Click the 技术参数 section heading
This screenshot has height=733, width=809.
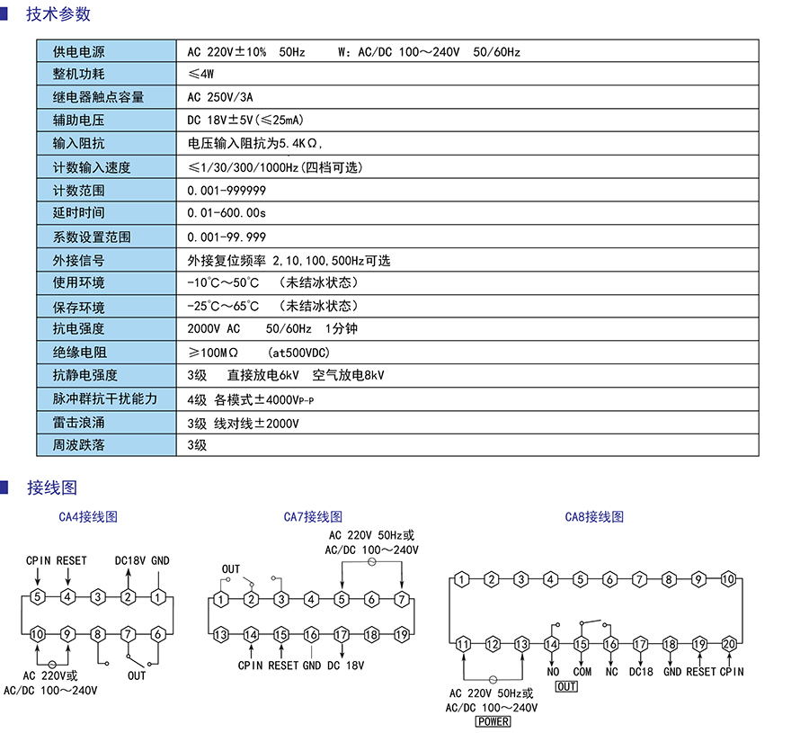[x=58, y=14]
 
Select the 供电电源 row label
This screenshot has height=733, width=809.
[x=78, y=52]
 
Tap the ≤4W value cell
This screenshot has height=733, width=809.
[x=201, y=75]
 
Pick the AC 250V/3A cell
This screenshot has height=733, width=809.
[x=221, y=98]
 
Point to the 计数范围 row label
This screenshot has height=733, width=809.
[x=78, y=191]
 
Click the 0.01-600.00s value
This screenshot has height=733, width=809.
[x=227, y=213]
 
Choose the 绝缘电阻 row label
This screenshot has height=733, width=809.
[x=78, y=353]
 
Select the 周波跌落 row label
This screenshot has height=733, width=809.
[x=78, y=444]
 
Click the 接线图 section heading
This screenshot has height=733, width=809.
[x=52, y=487]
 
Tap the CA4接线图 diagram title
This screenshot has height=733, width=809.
[x=88, y=517]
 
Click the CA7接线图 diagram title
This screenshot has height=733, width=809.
[x=313, y=517]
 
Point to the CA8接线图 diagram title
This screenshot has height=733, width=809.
[x=594, y=517]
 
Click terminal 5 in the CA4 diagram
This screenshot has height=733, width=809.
[x=37, y=596]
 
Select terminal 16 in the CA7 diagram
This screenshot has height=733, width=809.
[x=312, y=635]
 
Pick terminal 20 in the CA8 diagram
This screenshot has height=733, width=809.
[x=729, y=644]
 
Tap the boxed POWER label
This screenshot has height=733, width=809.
[x=493, y=721]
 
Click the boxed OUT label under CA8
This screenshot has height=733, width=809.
[x=566, y=687]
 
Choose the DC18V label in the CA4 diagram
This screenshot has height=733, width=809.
[x=130, y=560]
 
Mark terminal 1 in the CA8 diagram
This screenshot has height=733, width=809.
[x=461, y=580]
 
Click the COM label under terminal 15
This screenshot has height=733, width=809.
[x=582, y=672]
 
